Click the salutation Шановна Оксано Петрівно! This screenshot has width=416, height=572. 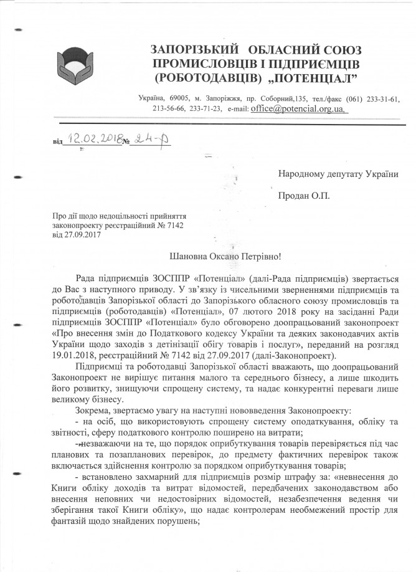(x=221, y=255)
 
